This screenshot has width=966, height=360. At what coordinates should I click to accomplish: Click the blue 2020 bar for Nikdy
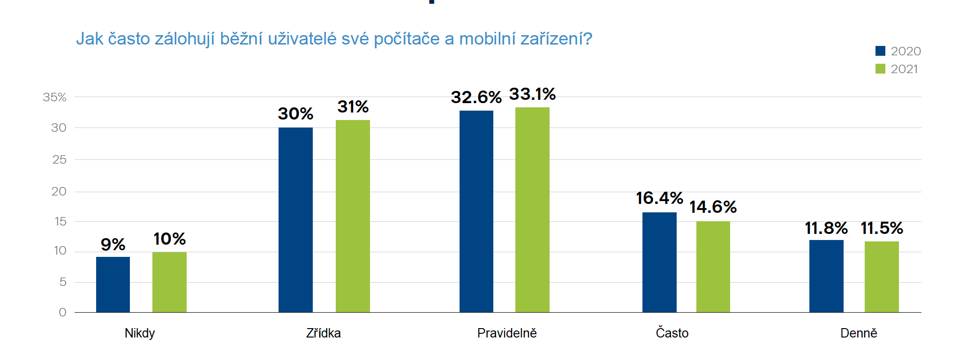coord(113,285)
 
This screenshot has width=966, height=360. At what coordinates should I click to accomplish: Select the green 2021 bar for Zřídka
coord(353,216)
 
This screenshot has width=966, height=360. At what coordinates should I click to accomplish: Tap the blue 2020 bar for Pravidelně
coord(476,211)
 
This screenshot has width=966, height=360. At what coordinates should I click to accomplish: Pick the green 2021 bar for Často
coord(713,267)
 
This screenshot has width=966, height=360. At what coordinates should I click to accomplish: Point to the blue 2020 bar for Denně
coord(826,276)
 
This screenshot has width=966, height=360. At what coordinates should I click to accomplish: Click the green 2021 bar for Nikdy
coord(169,282)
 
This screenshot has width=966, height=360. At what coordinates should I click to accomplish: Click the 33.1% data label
coord(532,94)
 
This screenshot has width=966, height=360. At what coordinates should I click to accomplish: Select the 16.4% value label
coord(659,198)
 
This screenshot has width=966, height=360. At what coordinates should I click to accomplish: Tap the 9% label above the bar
coord(113,245)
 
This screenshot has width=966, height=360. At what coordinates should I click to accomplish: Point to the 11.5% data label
coord(882,228)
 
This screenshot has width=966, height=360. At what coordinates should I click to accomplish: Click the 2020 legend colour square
coord(880,51)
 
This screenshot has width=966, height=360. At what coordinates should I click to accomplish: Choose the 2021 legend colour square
coord(880,69)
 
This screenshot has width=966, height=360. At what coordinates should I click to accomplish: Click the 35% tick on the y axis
coord(55,97)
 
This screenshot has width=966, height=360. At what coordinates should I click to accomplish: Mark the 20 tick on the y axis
coord(59,191)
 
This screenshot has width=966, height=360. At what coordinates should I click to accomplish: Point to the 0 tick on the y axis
coord(62,312)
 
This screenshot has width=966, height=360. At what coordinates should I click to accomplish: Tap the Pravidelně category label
coord(507,333)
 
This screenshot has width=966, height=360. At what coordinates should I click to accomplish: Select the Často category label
coord(672,333)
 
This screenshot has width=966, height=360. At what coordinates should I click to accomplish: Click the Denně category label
coord(859,333)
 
